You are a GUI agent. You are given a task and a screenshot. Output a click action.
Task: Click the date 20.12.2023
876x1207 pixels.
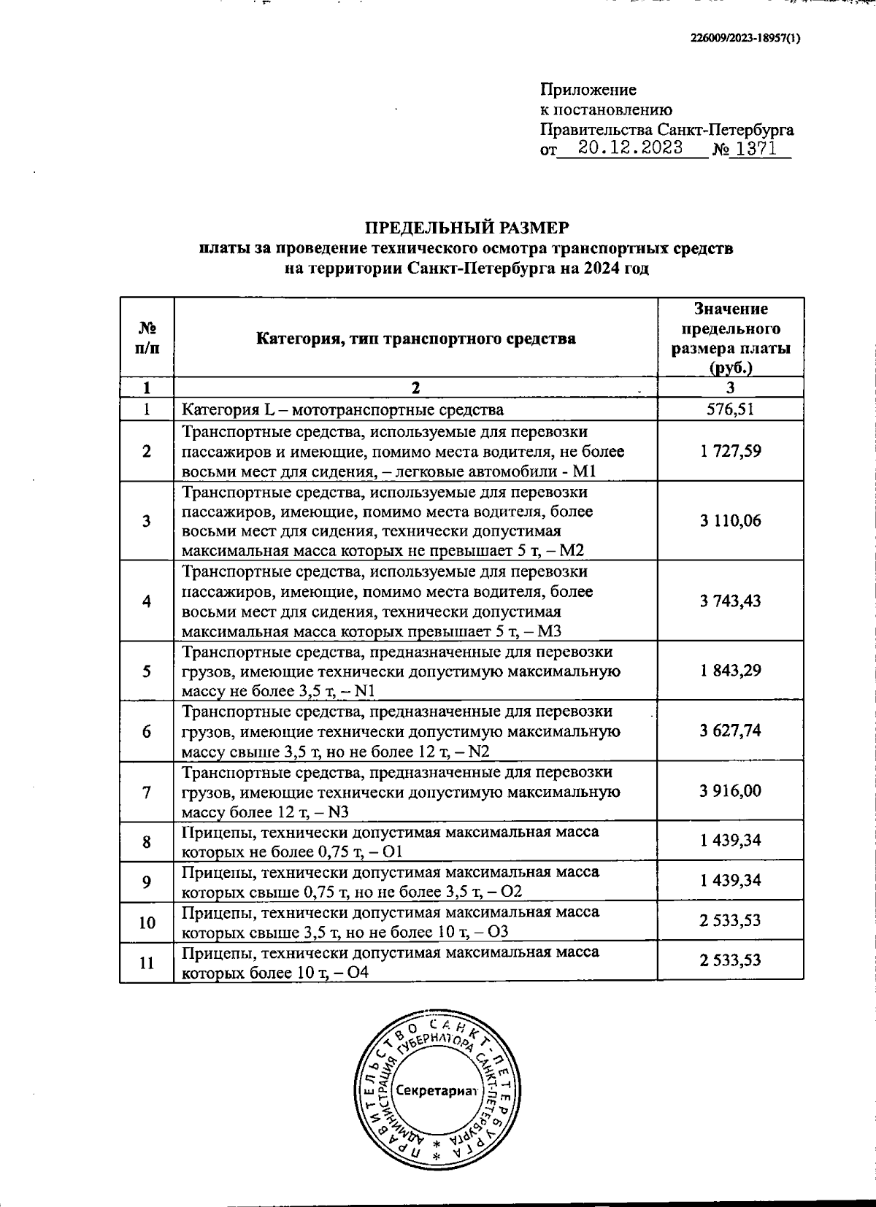coord(629,148)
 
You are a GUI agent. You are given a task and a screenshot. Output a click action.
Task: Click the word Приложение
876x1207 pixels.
coord(588,90)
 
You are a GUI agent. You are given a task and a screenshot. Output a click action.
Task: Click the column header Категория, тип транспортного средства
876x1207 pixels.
coord(415,339)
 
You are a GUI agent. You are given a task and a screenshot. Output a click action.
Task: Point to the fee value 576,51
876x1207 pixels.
coord(730,409)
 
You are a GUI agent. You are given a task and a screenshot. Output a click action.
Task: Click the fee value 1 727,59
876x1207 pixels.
coord(730,451)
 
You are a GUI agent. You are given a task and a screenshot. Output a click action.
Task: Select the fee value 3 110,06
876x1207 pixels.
coord(730,521)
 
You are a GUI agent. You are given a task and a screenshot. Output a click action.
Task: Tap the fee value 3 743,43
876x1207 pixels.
coord(730,601)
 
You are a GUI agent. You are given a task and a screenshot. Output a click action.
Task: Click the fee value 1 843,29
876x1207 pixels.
coord(730,671)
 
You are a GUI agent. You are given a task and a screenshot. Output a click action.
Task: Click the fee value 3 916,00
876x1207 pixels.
coord(730,791)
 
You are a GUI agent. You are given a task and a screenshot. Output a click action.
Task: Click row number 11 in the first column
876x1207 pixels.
coord(147,963)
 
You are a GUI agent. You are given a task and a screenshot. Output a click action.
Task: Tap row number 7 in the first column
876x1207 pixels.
coord(147,792)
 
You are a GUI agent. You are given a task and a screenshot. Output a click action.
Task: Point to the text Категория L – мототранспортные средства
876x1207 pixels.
coord(342,410)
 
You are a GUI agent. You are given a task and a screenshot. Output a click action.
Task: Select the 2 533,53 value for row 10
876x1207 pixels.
coord(730,921)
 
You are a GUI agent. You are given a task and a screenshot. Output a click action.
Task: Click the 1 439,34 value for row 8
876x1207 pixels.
coord(730,841)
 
